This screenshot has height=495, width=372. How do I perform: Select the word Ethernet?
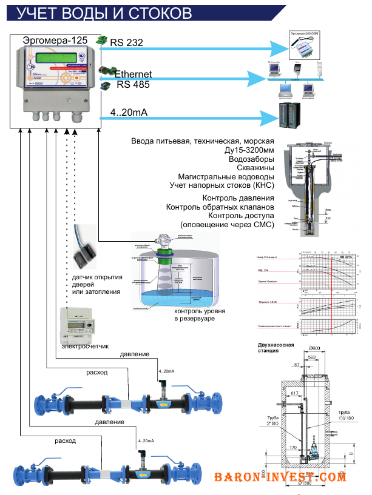[x=133, y=74]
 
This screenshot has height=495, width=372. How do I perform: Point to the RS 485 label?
[x=133, y=84]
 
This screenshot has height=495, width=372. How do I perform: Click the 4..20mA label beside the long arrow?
[x=129, y=113]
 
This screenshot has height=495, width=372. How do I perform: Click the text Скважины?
[x=253, y=167]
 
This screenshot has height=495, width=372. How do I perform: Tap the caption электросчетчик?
[x=85, y=346]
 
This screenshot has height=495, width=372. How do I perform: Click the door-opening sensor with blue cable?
[x=84, y=252]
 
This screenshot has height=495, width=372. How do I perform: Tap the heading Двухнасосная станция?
[x=276, y=348]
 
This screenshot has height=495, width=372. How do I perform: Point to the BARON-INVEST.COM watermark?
[x=280, y=477]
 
